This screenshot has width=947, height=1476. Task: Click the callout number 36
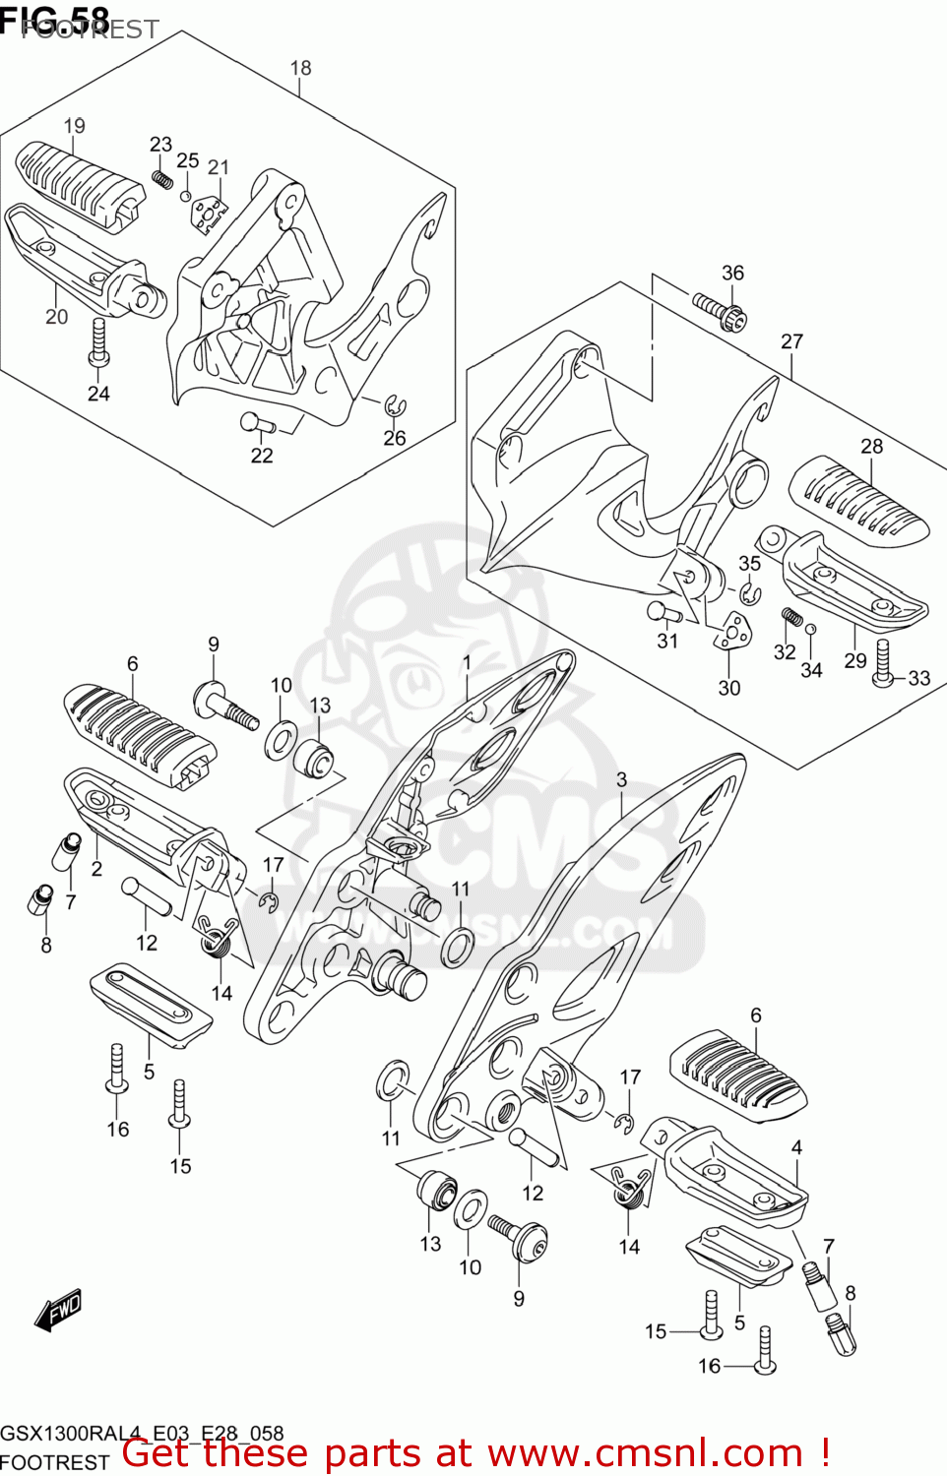pos(732,273)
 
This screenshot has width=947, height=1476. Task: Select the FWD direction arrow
pos(58,1311)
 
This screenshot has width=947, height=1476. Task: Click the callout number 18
pos(300,68)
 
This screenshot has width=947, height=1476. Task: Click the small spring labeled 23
pos(163,179)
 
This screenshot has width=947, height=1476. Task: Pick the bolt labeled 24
pos(97,342)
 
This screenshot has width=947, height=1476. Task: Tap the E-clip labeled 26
pos(396,406)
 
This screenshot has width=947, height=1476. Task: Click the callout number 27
pos(791,341)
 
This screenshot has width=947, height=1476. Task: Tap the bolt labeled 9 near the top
pos(225,706)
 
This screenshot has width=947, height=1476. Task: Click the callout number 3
pos(621,779)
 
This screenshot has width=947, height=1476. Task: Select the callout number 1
pos(467,663)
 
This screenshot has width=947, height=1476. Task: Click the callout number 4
pos(796,1147)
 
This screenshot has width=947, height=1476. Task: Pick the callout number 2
pos(96,869)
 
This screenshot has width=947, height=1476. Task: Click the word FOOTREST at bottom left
pos(54,1462)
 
